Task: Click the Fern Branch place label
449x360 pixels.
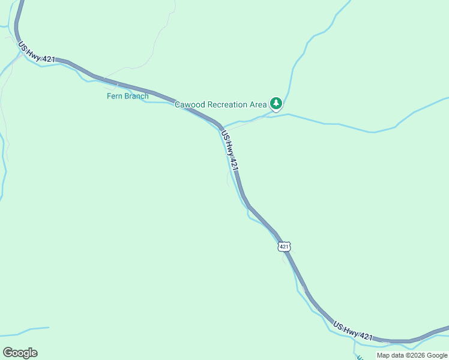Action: click(x=127, y=96)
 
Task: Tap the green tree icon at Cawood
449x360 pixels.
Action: click(x=276, y=104)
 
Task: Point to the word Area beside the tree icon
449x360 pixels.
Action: click(x=258, y=104)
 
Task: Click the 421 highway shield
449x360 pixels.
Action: click(x=284, y=247)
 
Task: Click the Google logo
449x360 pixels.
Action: click(x=20, y=353)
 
